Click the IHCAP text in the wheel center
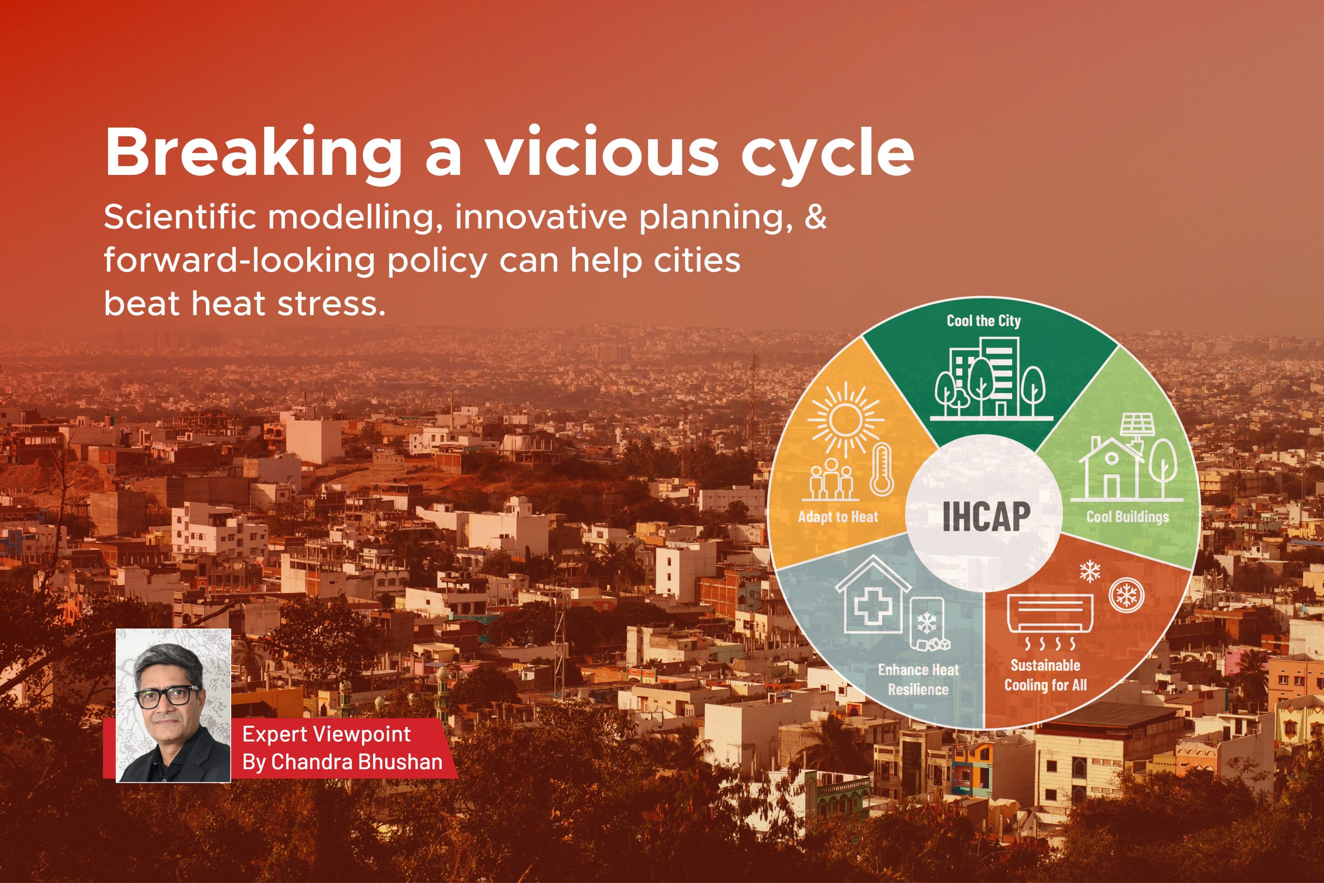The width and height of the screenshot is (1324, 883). [986, 515]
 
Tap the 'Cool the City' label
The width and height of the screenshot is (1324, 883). [983, 321]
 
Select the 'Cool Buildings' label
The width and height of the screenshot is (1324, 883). [1127, 516]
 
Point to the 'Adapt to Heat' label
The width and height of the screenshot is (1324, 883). [838, 516]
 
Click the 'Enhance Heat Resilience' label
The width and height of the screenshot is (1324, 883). [918, 679]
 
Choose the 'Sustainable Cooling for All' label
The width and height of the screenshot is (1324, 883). [1045, 675]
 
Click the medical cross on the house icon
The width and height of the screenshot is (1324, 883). [871, 607]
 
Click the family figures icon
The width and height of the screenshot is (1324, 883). [831, 485]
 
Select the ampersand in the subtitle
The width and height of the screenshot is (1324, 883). [815, 217]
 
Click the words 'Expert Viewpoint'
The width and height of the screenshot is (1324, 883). [326, 735]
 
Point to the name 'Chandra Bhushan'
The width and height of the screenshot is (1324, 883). [357, 762]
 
